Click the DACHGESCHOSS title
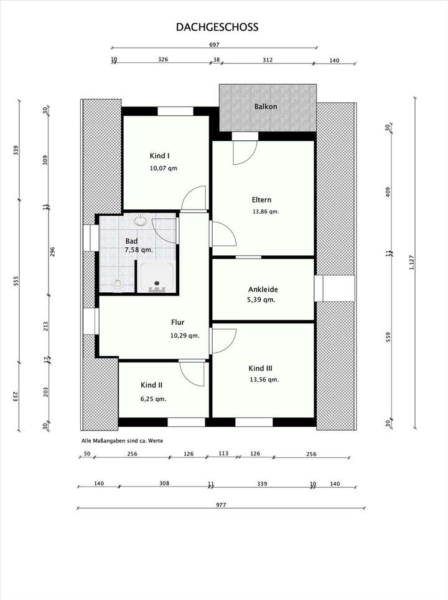point(217,27)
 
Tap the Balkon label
point(266,107)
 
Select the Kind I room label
point(159,156)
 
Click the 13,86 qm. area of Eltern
point(265,211)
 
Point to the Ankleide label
point(263,289)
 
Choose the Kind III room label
point(260,368)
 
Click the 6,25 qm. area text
point(153,399)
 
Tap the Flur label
point(178,322)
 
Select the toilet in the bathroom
point(118,283)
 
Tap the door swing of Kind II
point(192,373)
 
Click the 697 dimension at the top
point(215,45)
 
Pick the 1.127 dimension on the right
point(412,262)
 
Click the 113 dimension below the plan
point(223,454)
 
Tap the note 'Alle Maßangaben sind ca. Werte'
point(122,441)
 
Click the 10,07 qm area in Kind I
point(163,168)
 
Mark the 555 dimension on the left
point(16,281)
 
